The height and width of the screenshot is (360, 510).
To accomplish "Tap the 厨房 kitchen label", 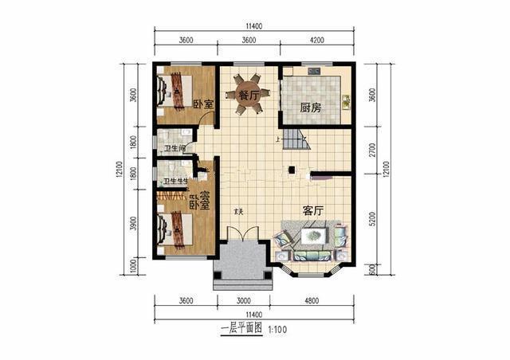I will pyautogui.click(x=310, y=108).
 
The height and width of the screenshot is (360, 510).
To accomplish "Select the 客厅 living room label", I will pyautogui.click(x=312, y=211).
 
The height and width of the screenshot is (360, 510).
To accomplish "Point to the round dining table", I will pyautogui.click(x=248, y=94).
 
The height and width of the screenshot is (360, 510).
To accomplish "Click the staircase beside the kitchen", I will pyautogui.click(x=296, y=142).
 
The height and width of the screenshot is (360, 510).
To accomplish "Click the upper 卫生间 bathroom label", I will pyautogui.click(x=175, y=148).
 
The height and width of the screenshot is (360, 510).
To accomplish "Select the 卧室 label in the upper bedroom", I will pyautogui.click(x=203, y=104).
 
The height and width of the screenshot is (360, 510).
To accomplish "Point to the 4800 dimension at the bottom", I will pyautogui.click(x=312, y=301).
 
